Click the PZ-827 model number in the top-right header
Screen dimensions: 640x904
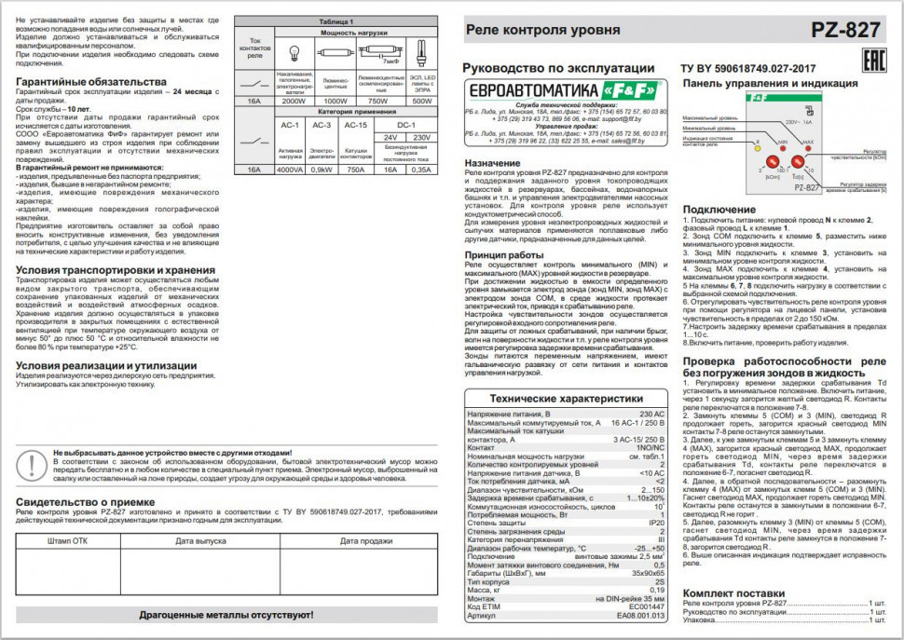(x=845, y=30)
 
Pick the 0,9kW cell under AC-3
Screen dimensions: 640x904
(x=322, y=170)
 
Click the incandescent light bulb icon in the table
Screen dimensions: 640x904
(x=294, y=53)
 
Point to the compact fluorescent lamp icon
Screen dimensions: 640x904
(x=422, y=53)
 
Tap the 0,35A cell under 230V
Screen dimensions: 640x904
(x=421, y=170)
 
